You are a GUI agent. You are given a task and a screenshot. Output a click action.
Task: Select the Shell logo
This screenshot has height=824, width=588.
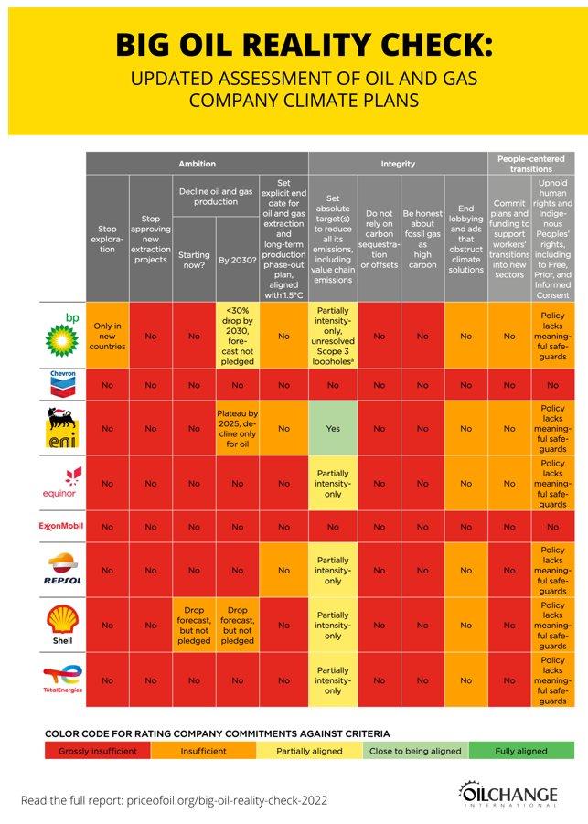coord(62,626)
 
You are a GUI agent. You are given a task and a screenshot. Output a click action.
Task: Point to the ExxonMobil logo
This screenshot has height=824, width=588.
coord(62,527)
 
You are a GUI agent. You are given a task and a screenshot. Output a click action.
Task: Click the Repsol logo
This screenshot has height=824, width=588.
coord(62,569)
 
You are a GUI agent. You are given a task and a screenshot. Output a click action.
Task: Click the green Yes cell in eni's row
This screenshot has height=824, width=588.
coord(331,427)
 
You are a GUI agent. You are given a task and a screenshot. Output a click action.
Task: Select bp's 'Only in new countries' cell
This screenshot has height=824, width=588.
coord(108,336)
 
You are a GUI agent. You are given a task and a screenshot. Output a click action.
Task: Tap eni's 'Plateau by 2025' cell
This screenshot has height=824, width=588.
coord(238,427)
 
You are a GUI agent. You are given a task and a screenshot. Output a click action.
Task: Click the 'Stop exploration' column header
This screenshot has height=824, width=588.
coord(108,237)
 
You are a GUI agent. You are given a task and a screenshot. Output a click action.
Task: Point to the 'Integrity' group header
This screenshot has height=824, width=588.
coord(398,164)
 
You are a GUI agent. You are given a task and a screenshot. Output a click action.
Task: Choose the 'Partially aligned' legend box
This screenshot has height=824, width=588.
coord(310,751)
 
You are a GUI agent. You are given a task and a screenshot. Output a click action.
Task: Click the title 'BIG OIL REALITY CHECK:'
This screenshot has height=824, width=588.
coord(293,44)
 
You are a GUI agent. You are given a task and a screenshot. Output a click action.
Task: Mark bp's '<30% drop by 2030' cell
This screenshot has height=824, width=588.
coord(238,336)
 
